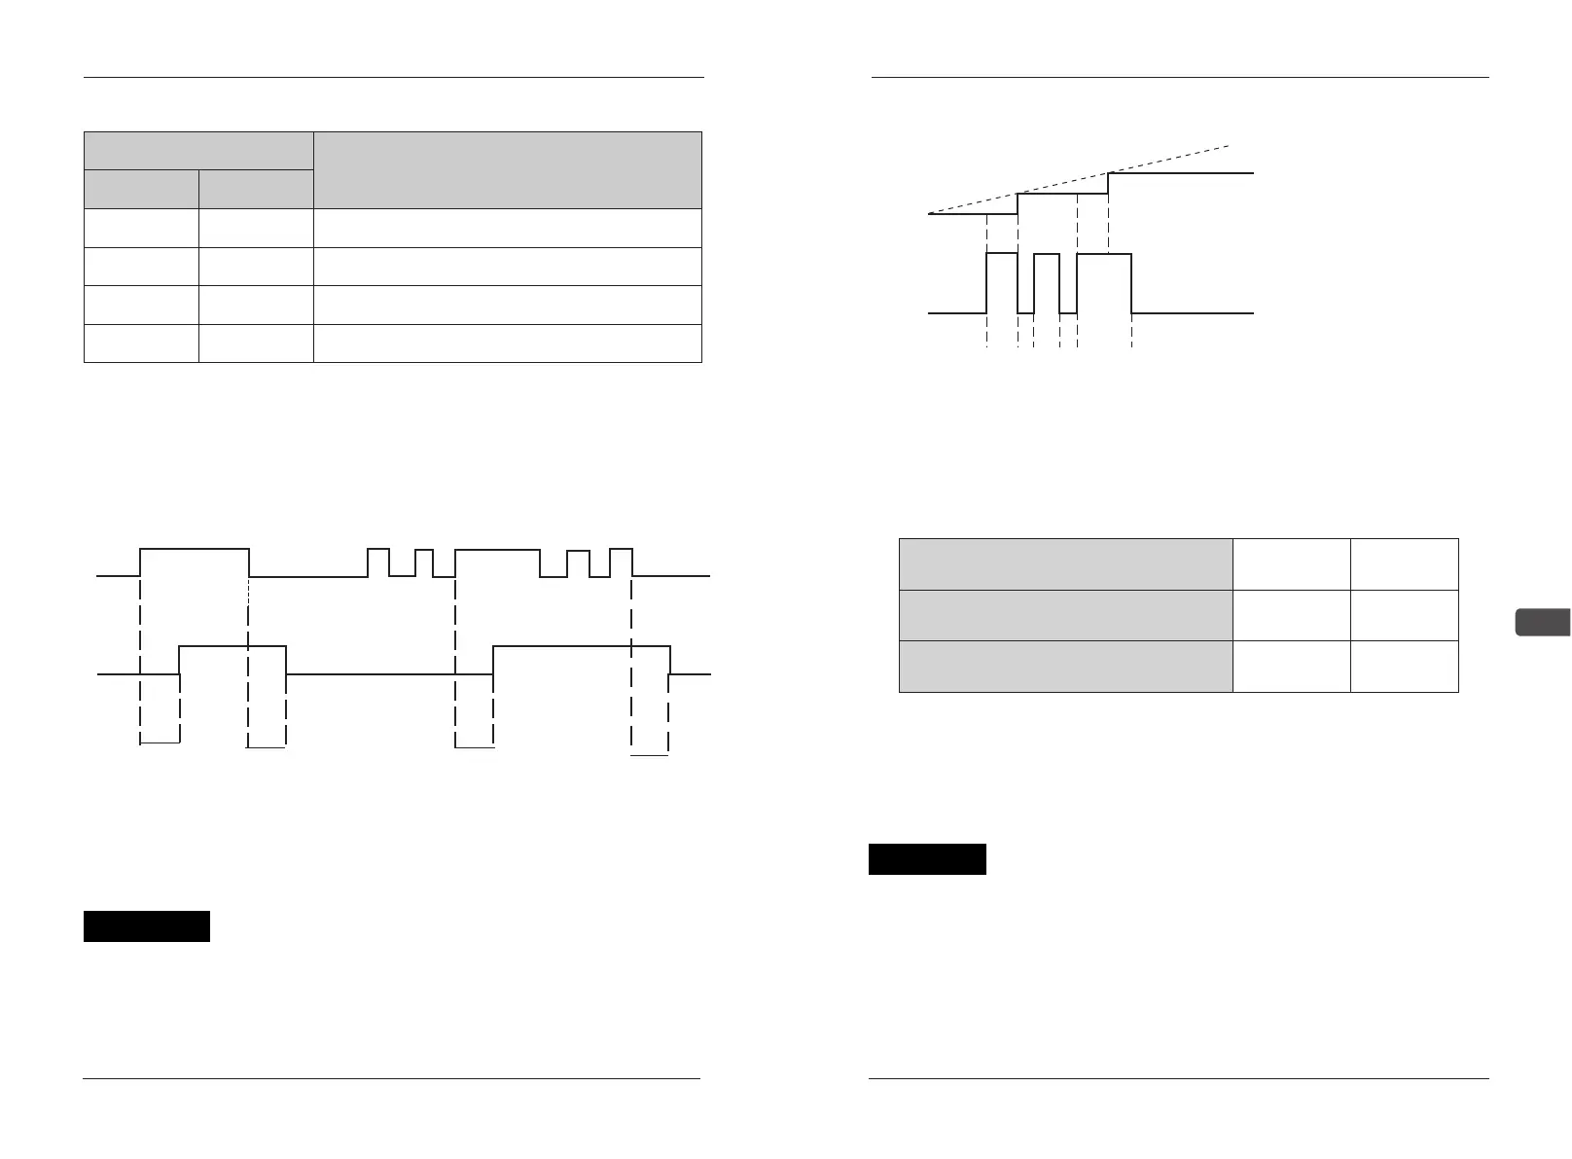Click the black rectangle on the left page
tap(147, 926)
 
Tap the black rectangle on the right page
tap(927, 859)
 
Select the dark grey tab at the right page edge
tap(1543, 622)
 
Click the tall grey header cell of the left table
tap(507, 169)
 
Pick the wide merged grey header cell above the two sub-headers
tap(198, 150)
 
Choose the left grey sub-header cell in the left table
tap(141, 189)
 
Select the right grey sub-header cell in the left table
tap(256, 189)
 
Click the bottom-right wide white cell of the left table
tap(507, 344)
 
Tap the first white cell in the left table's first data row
tap(141, 228)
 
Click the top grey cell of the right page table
tap(1065, 563)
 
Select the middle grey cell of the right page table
tap(1065, 615)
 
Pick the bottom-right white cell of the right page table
tap(1404, 667)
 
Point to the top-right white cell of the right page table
tap(1404, 563)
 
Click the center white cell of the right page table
tap(1291, 615)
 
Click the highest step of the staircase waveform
tap(1181, 173)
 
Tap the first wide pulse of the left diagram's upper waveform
tap(195, 550)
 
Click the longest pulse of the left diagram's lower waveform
tap(581, 645)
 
